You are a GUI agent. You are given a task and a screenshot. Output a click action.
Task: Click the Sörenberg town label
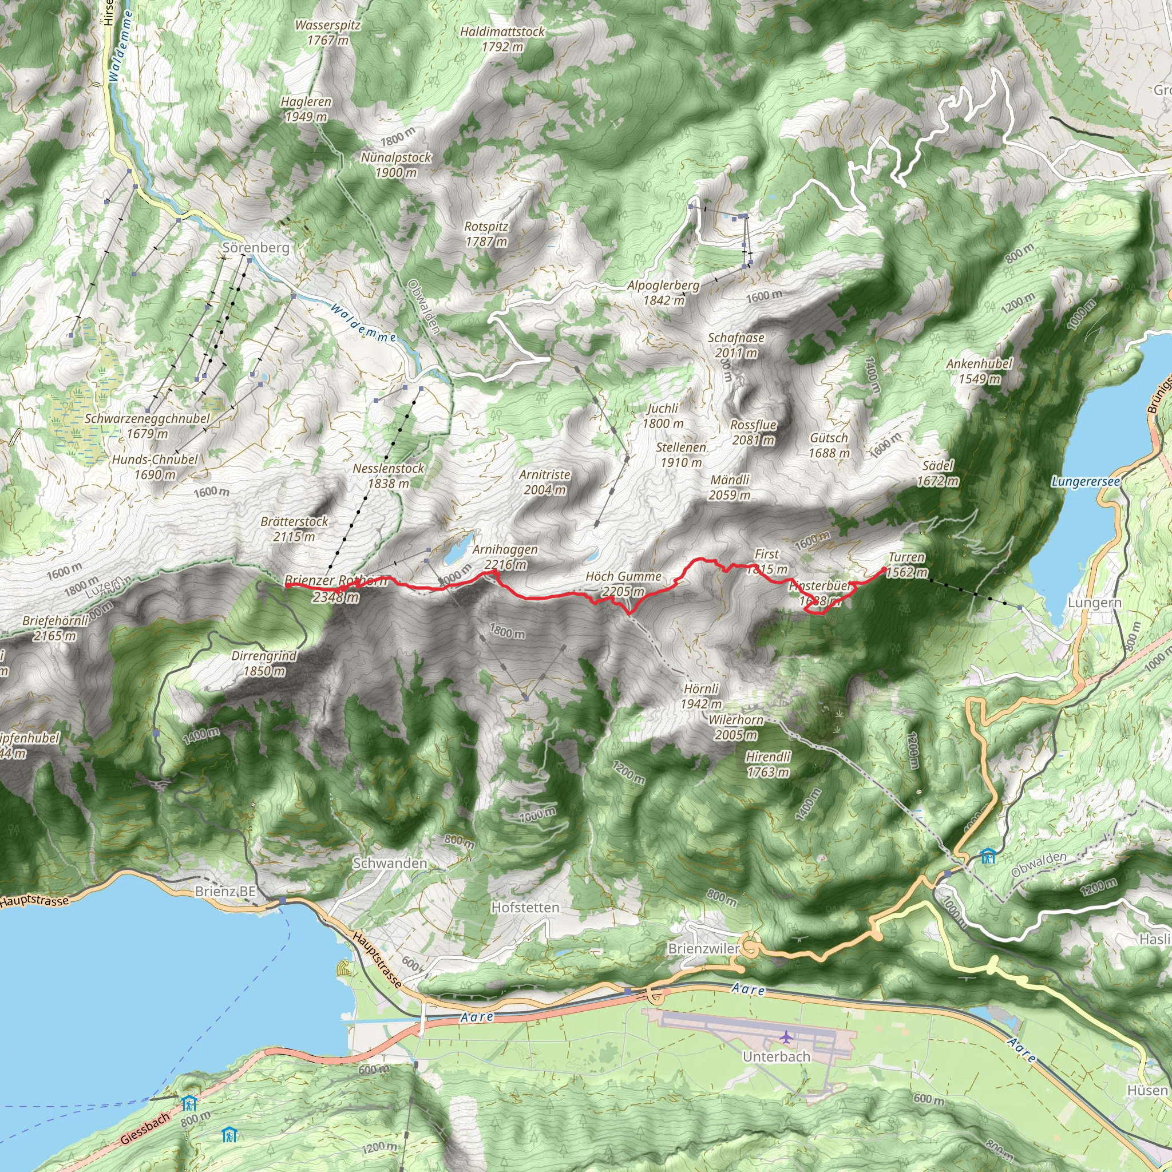255,247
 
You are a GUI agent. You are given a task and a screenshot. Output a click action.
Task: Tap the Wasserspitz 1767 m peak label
327,33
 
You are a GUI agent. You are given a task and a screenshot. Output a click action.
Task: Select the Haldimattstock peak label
502,39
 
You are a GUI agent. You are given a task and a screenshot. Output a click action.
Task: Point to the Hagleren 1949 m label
306,109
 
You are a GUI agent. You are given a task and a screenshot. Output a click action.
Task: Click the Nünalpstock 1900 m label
396,165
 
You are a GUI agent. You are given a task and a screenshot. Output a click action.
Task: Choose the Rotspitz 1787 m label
486,233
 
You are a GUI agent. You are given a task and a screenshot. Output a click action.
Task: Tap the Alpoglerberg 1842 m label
663,292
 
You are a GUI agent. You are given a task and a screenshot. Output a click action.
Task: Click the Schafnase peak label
736,345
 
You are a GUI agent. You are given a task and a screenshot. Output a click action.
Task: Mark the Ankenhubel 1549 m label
979,371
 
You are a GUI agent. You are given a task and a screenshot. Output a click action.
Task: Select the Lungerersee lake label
1086,482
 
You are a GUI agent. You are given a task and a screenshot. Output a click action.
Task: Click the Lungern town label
1094,603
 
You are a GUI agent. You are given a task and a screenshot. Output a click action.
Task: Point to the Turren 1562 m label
907,565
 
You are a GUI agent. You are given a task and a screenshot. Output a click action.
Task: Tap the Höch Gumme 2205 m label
623,584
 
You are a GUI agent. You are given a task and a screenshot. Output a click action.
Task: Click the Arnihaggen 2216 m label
505,557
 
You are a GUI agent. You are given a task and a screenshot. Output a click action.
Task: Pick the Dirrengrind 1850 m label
264,663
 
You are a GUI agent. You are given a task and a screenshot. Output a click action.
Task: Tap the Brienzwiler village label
704,948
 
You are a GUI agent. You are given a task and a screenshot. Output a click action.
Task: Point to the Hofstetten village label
525,908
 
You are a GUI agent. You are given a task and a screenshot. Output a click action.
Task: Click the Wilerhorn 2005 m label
736,727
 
